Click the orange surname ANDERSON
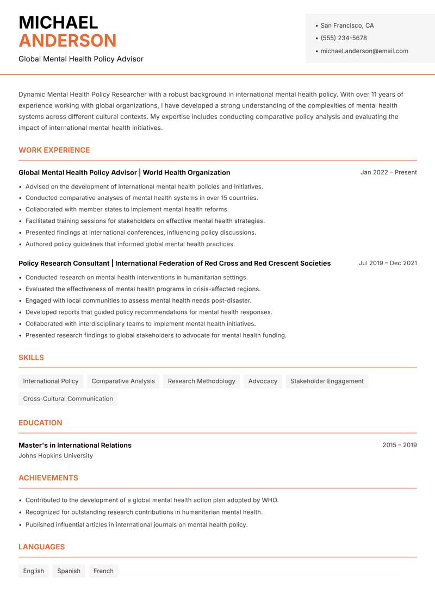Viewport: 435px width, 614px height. click(x=67, y=41)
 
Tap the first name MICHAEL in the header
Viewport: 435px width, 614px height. click(x=58, y=22)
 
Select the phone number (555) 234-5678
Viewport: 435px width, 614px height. click(x=344, y=38)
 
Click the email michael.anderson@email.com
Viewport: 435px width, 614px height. click(x=364, y=51)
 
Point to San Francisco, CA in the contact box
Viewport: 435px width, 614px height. click(x=347, y=26)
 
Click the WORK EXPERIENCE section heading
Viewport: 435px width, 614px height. click(x=54, y=150)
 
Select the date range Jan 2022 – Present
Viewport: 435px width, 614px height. click(x=388, y=172)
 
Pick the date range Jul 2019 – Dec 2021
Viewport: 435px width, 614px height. click(x=388, y=263)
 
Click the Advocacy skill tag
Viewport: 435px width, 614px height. click(x=263, y=381)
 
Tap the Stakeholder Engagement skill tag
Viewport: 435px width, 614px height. click(x=327, y=381)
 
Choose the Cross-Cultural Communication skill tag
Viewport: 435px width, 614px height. click(x=68, y=399)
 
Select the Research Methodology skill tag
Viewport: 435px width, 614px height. click(x=201, y=381)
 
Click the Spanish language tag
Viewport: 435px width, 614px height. click(x=69, y=571)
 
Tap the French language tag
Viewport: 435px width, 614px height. click(x=103, y=571)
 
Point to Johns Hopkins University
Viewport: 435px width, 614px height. click(x=55, y=456)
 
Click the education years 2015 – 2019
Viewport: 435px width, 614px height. click(x=399, y=445)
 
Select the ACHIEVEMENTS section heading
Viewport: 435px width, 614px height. click(x=48, y=478)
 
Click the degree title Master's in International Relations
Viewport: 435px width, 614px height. click(x=75, y=445)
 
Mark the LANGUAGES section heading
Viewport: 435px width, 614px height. click(x=41, y=547)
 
